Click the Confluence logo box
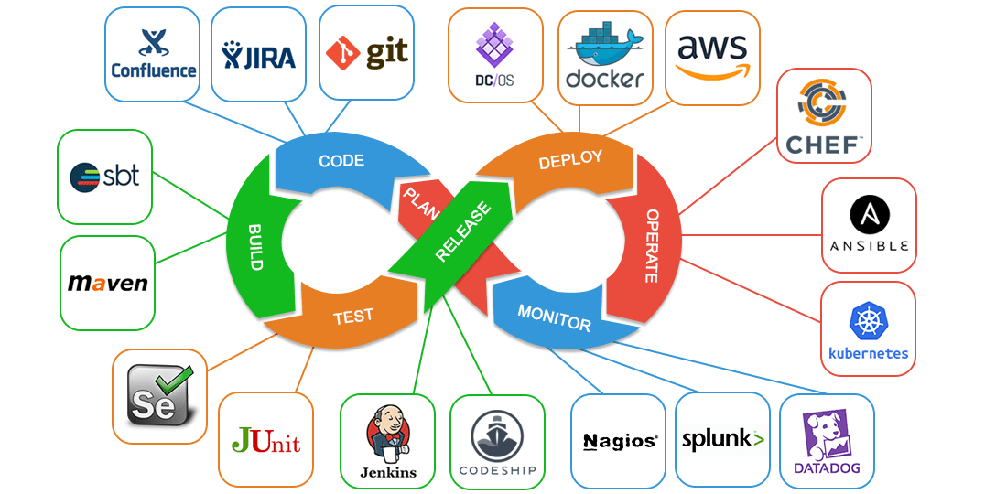153,54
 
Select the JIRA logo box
259,54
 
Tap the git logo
366,53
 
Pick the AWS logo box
712,58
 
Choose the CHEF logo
823,116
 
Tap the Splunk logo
722,440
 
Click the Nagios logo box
619,441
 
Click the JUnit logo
265,441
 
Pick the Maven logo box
107,283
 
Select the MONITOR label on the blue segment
554,317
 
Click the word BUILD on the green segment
256,247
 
